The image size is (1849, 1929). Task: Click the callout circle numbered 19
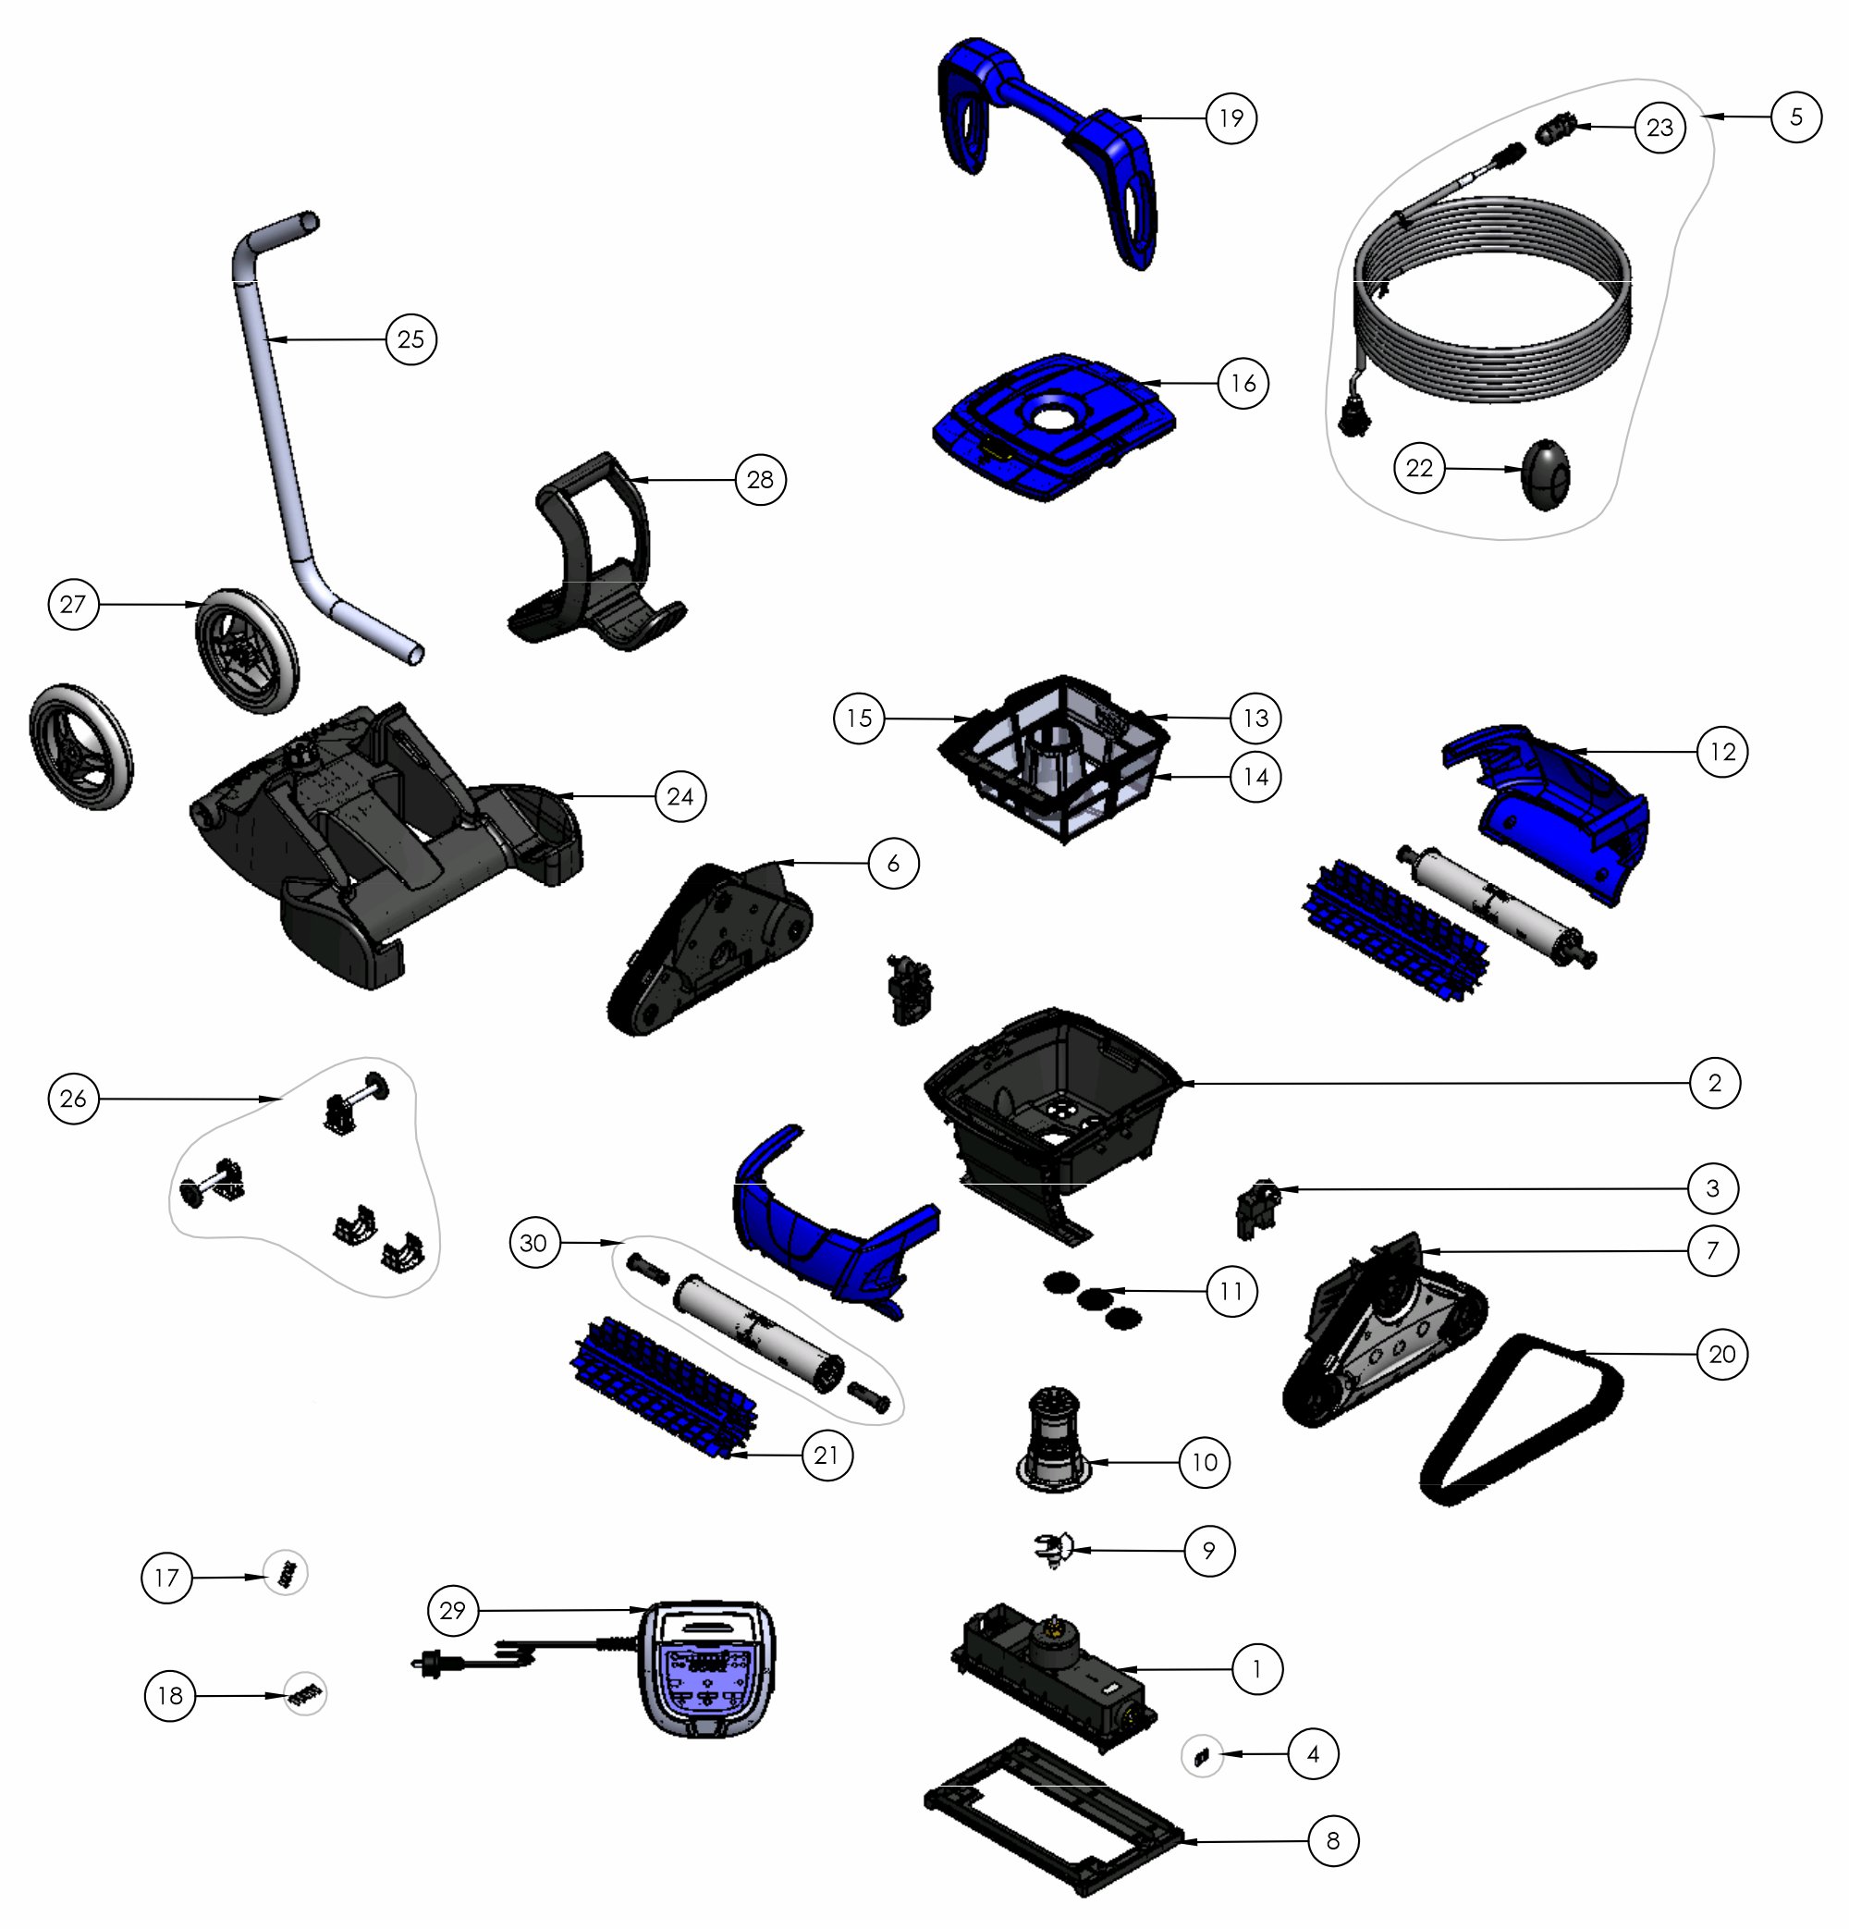pyautogui.click(x=1231, y=118)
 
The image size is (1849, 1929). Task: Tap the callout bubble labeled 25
pyautogui.click(x=410, y=338)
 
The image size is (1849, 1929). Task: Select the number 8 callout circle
pyautogui.click(x=1333, y=1840)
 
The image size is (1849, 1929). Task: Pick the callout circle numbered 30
pyautogui.click(x=534, y=1243)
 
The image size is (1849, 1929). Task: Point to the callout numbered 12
pyautogui.click(x=1723, y=752)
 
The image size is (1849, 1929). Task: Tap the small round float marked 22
pyautogui.click(x=1546, y=475)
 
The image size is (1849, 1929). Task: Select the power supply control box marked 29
pyautogui.click(x=706, y=1682)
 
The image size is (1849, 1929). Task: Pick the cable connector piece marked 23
pyautogui.click(x=1557, y=129)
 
